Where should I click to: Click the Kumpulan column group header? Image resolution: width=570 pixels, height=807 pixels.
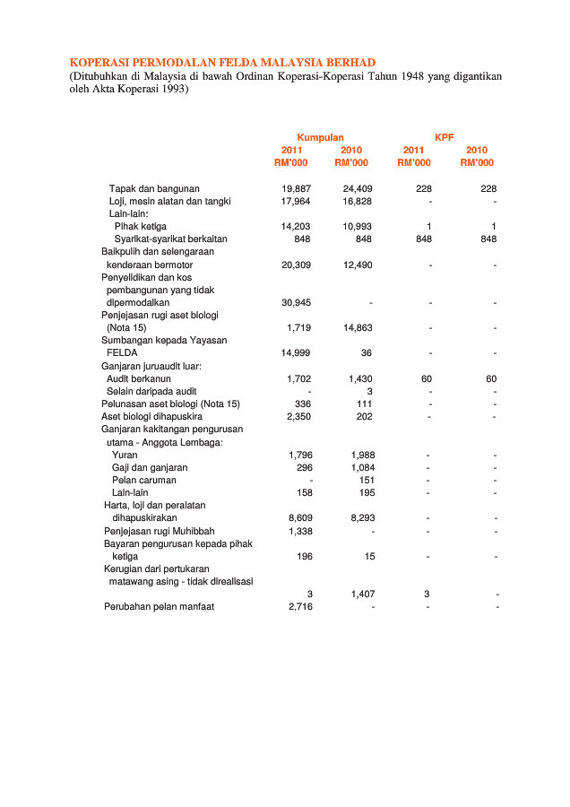320,137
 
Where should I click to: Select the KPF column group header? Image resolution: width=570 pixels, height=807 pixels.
445,137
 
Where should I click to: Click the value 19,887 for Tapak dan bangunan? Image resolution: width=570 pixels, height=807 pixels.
296,188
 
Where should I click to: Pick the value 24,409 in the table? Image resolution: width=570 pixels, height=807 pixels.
358,188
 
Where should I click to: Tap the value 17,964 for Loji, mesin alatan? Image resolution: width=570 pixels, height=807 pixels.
296,202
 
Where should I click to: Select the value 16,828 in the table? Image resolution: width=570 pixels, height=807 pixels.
358,202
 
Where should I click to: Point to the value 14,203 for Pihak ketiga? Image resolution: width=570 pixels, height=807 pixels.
296,227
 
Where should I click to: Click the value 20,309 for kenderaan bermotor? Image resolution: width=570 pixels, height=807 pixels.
296,265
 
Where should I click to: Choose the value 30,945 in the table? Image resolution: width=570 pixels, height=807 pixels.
296,303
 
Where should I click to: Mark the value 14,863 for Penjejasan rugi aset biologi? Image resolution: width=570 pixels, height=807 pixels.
358,328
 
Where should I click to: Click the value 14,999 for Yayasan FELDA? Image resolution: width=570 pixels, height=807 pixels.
296,353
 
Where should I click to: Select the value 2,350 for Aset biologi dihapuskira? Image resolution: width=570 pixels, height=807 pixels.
298,417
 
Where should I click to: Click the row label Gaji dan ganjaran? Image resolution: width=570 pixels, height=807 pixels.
150,467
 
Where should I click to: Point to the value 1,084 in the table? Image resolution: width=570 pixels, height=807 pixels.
360,467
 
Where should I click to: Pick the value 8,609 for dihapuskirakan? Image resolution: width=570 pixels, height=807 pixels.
298,518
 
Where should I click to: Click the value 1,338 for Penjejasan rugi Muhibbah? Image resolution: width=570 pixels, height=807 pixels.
298,531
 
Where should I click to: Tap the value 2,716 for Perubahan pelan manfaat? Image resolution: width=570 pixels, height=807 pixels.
298,607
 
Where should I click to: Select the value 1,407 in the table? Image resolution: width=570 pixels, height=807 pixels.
360,594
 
